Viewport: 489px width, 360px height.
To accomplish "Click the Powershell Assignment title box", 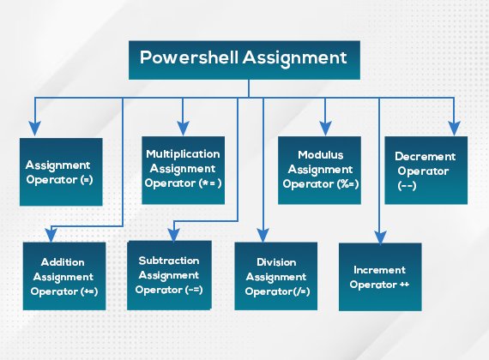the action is (x=244, y=60).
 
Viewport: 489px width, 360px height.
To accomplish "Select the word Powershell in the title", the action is (x=189, y=57).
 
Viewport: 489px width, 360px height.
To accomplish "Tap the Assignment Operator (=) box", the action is (x=61, y=171).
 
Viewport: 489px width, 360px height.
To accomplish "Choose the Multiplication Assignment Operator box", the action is (x=183, y=171).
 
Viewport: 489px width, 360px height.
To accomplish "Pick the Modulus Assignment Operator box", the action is (x=319, y=171).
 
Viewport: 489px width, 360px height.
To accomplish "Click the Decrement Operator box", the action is (x=426, y=171).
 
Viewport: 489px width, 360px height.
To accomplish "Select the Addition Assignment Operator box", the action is (x=64, y=276).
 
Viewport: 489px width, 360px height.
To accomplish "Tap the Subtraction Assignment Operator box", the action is (x=169, y=275).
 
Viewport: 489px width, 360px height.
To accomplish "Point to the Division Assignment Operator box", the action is (x=276, y=276).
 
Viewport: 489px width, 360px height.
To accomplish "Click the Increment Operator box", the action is (x=380, y=277).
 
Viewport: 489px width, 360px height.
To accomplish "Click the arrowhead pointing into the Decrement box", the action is (x=454, y=129).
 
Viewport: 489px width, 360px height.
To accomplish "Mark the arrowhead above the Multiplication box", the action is (x=183, y=129).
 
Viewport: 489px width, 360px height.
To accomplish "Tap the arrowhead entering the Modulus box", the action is (x=325, y=129).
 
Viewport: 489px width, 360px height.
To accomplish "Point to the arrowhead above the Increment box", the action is (x=380, y=237).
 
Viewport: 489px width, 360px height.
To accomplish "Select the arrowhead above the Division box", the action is (x=263, y=236).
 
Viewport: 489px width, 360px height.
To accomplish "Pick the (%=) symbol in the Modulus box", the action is (x=347, y=184).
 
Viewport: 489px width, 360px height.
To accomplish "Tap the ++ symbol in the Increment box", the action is (x=404, y=285).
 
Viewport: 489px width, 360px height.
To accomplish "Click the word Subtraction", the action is (x=169, y=261).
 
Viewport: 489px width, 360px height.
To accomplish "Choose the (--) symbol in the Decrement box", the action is (x=407, y=186).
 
